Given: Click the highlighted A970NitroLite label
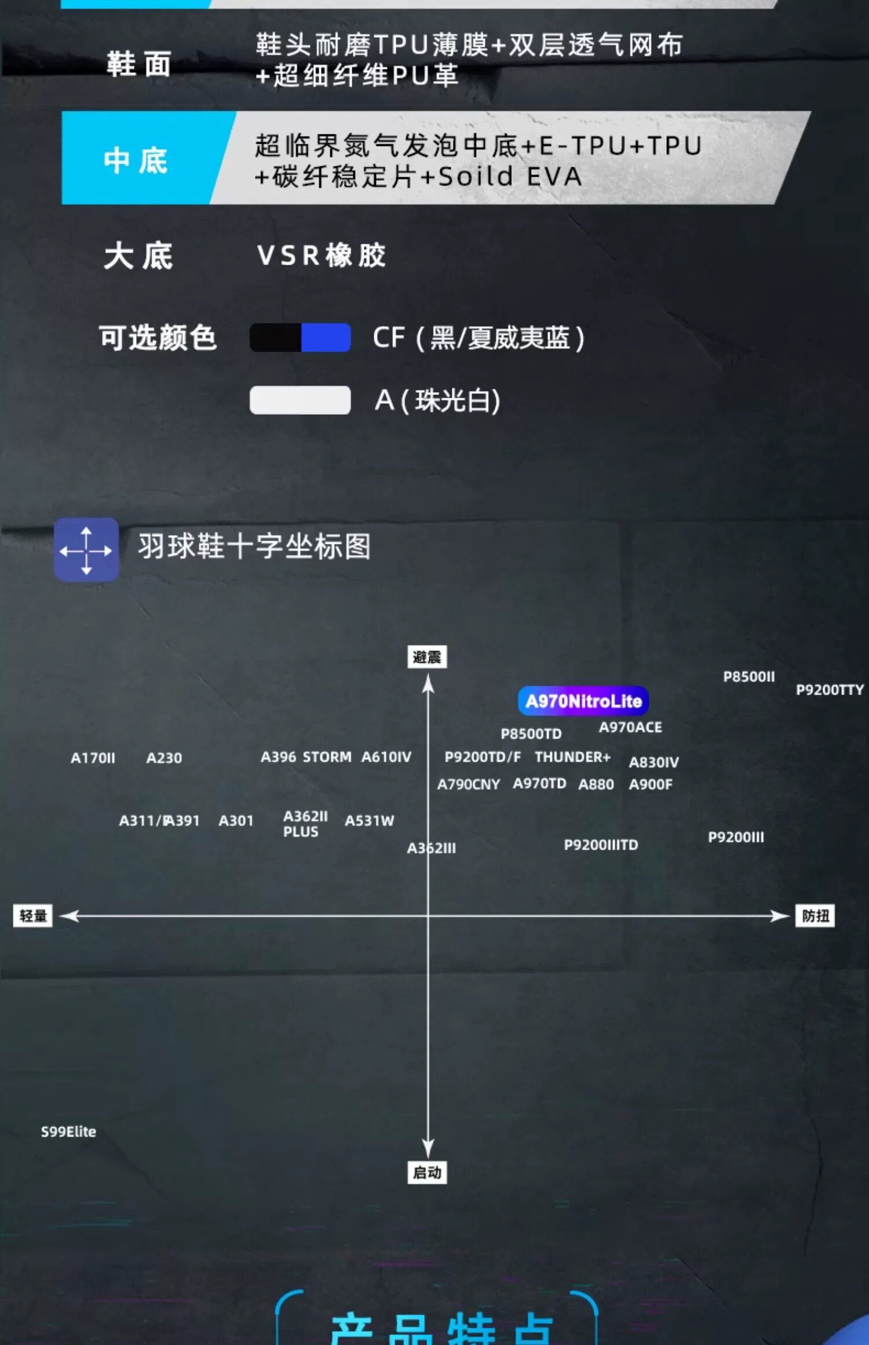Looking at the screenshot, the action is pos(583,701).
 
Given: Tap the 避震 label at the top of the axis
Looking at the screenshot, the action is pos(427,657).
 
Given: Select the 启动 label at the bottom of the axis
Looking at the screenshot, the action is pos(427,1172).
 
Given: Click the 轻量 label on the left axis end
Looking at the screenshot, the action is pos(33,916).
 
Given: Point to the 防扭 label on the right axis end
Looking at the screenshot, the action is pos(815,916).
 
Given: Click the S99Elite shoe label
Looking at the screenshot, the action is pos(68,1131).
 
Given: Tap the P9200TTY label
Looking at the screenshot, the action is pos(830,690).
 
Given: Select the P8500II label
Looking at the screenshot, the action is pos(748,677).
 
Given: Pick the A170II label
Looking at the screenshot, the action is pos(93,758).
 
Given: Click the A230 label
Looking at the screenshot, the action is pos(164,758).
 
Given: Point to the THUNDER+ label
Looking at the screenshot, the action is pos(572,757).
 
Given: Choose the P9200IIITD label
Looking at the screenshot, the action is pos(601,845).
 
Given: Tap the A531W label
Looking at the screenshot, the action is pos(369,820).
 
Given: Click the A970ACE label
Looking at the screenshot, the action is pos(630,727).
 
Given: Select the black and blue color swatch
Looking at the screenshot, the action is pos(300,338).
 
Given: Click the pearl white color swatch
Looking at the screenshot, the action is pos(300,400).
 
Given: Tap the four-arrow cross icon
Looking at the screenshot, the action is pos(86,550).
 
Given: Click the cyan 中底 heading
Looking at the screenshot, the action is pos(136,160).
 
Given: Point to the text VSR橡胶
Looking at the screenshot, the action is pos(322,255).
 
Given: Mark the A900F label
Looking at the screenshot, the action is pos(651,784).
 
